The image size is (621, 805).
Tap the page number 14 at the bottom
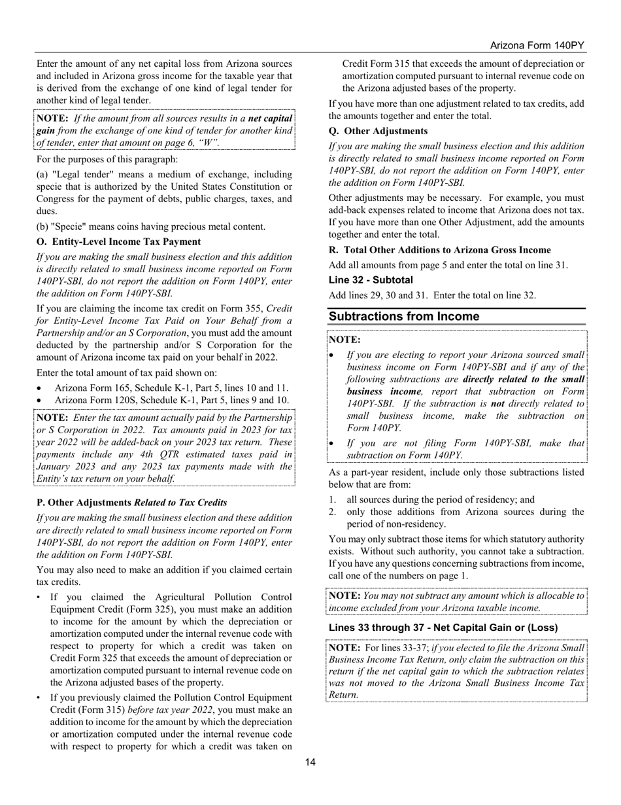(310, 761)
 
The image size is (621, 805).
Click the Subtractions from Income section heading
(404, 317)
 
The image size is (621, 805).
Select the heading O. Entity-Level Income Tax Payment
(118, 241)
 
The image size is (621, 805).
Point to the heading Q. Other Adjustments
(378, 131)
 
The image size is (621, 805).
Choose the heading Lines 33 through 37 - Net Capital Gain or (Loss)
(443, 628)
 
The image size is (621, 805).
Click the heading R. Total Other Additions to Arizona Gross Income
(439, 250)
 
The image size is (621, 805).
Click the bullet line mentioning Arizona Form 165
(171, 388)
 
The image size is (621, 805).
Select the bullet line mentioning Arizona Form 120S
(171, 400)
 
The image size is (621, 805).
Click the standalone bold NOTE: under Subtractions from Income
(344, 340)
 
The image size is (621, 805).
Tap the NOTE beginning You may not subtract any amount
(456, 601)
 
